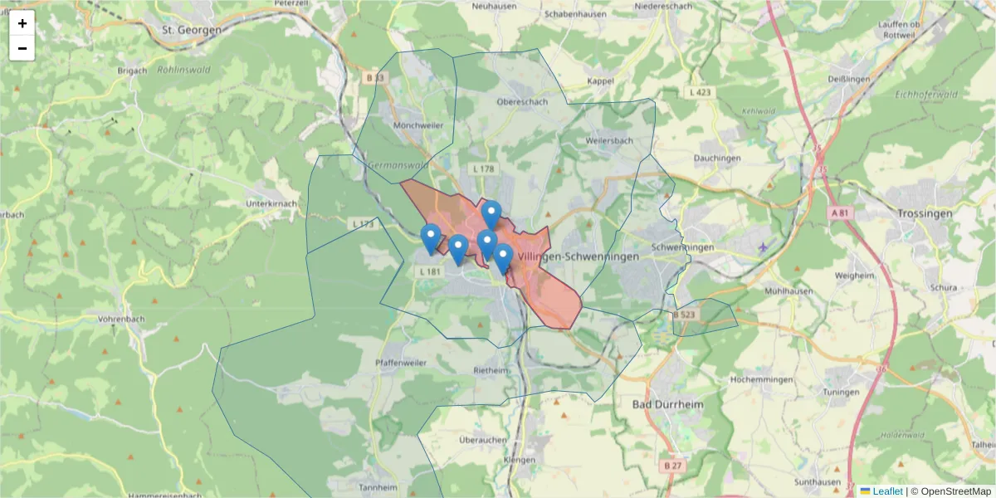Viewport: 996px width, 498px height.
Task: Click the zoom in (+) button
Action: click(x=22, y=23)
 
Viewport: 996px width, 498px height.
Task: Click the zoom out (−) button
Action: click(x=22, y=48)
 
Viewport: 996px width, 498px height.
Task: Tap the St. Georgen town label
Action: click(x=192, y=30)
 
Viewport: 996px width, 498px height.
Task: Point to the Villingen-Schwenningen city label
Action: click(x=578, y=257)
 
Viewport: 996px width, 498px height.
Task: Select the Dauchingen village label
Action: click(x=716, y=159)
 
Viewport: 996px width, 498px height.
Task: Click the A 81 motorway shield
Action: click(x=841, y=213)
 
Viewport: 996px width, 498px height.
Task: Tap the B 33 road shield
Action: click(x=375, y=77)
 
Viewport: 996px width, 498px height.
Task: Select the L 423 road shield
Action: click(x=699, y=92)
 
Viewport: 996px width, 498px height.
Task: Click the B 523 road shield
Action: click(x=684, y=315)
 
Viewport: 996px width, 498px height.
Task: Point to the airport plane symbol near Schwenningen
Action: click(x=763, y=247)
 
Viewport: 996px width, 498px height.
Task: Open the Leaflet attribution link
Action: click(x=886, y=491)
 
